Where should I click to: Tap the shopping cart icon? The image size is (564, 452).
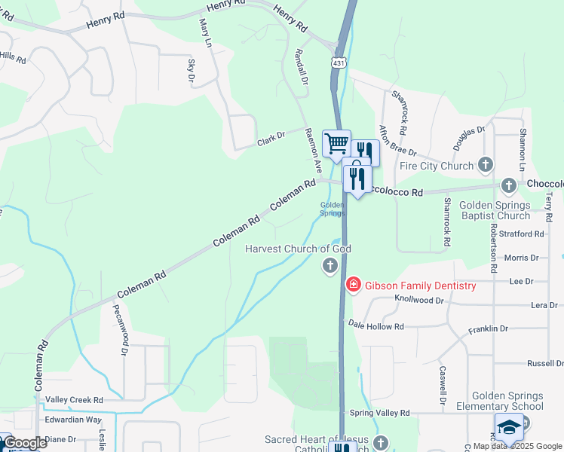point(336,141)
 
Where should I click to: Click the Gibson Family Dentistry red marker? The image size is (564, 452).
point(352,285)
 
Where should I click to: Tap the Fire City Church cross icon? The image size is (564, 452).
point(486,165)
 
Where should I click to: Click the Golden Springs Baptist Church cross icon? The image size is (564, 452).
point(509,185)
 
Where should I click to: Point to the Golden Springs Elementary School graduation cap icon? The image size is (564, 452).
point(509,426)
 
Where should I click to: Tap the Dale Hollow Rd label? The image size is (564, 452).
point(376,325)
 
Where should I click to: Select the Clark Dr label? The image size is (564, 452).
point(271,138)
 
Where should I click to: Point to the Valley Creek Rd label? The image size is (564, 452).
point(74,400)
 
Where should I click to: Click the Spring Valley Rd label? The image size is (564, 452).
point(379,413)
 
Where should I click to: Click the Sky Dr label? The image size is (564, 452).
point(191,69)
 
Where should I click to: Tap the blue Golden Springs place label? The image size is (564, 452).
point(333,209)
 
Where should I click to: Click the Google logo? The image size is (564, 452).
point(24,443)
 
